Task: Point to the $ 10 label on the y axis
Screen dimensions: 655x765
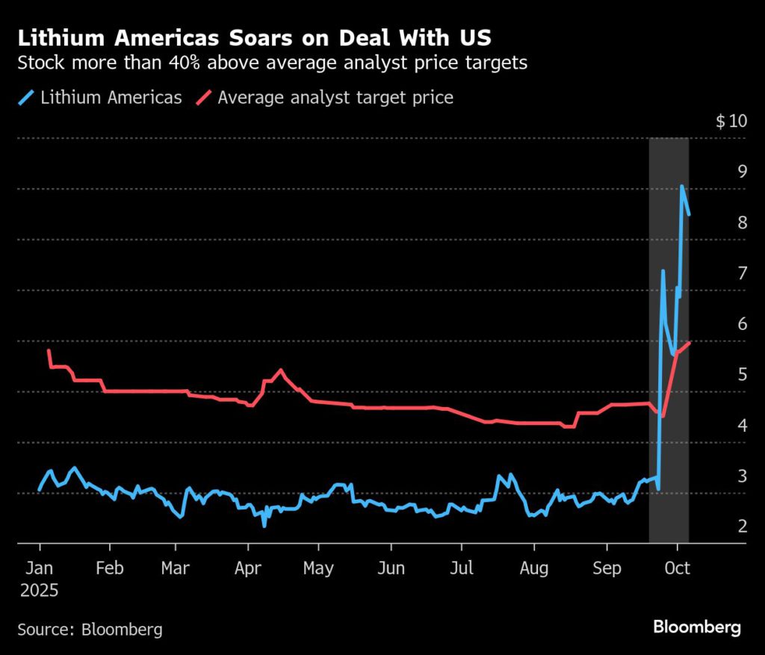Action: click(x=731, y=122)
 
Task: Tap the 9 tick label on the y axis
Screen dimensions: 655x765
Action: click(x=743, y=172)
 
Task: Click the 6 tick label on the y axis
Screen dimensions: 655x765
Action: click(x=743, y=324)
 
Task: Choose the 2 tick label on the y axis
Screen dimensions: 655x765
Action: click(x=743, y=527)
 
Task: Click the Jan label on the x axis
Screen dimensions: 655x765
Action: click(x=39, y=568)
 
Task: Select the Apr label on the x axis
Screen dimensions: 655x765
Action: click(x=247, y=568)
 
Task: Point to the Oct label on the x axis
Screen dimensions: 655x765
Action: click(x=677, y=568)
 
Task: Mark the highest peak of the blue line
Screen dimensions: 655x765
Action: click(x=682, y=187)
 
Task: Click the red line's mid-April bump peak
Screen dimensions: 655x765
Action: click(x=281, y=370)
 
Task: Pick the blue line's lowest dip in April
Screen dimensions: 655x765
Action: click(x=264, y=525)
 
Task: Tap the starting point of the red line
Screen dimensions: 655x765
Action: click(x=49, y=350)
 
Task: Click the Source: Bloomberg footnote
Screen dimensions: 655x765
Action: click(x=90, y=630)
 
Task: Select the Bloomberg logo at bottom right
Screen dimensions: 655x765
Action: click(x=696, y=627)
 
